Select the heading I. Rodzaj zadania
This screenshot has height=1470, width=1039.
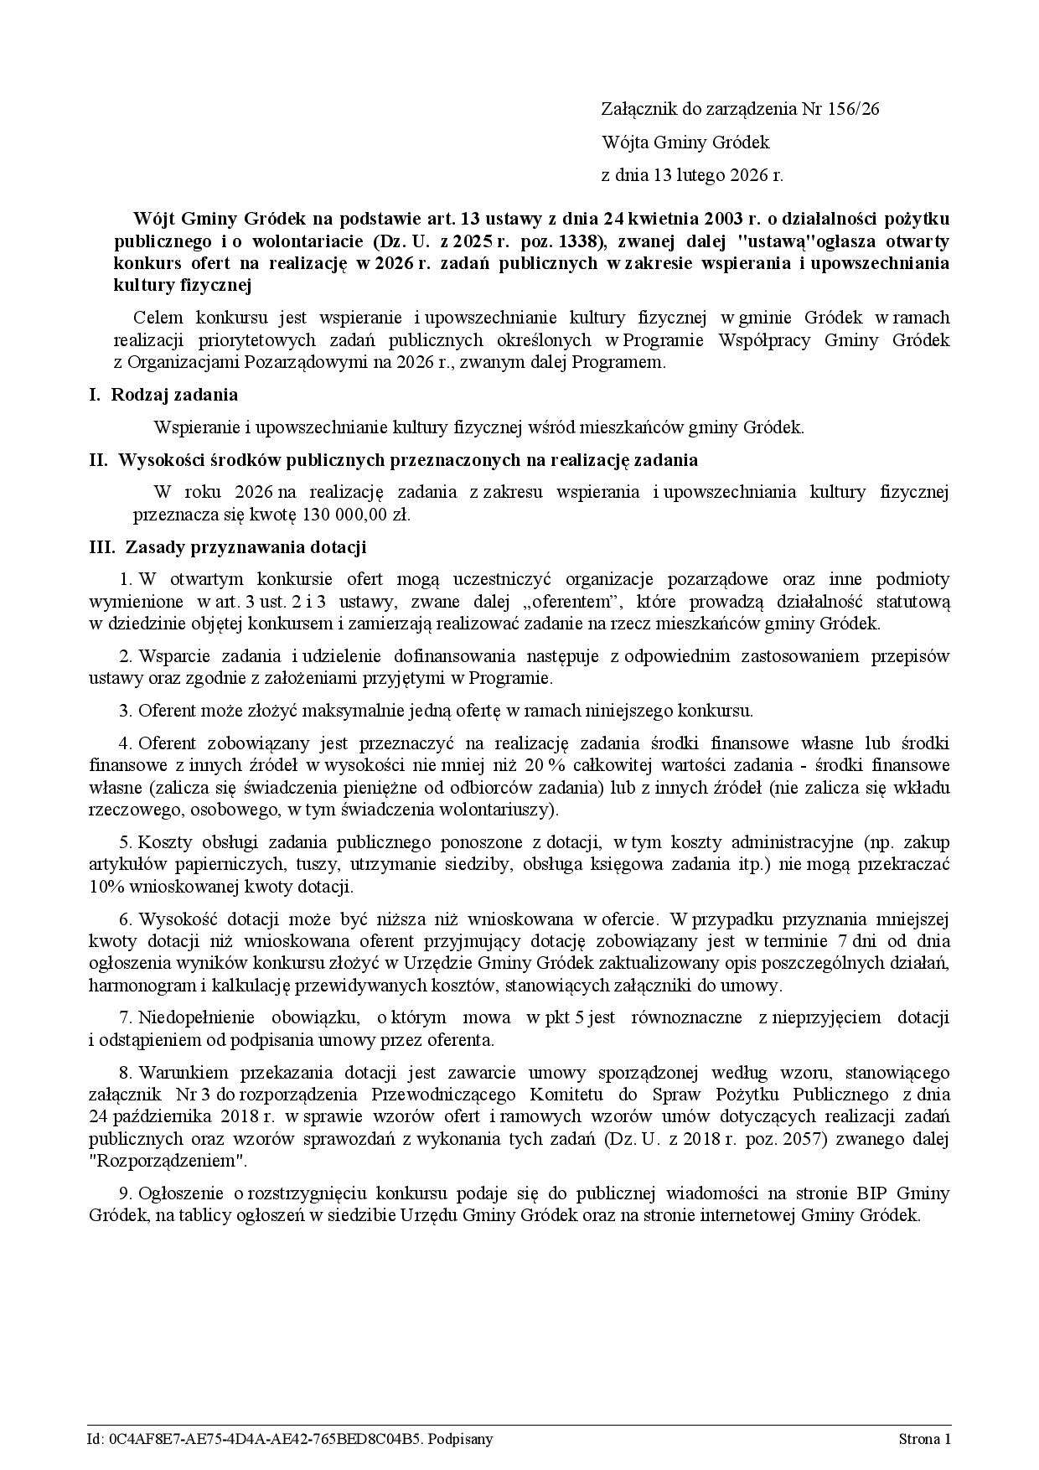(x=164, y=394)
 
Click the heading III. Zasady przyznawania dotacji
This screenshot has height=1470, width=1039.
(x=228, y=547)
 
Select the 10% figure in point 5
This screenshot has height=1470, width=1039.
(x=105, y=886)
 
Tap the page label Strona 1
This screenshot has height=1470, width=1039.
(x=924, y=1439)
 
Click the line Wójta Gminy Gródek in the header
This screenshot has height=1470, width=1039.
(x=685, y=142)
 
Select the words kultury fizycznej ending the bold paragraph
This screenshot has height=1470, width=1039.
(x=183, y=285)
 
